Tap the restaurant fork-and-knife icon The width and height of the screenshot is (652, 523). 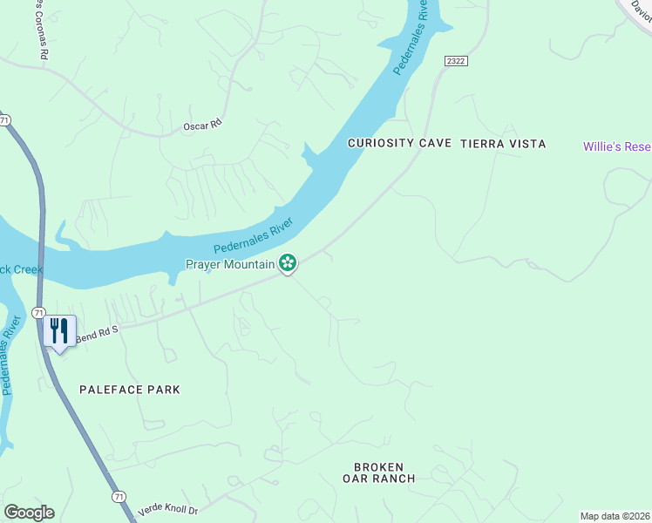(x=59, y=331)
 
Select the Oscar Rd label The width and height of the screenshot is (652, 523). (x=203, y=126)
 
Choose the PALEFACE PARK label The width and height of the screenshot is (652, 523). (x=130, y=390)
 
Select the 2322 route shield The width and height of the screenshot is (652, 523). (x=455, y=60)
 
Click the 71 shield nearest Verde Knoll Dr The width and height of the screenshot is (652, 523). (x=119, y=496)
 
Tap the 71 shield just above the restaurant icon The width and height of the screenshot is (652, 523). (x=38, y=312)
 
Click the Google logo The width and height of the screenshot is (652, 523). (x=29, y=513)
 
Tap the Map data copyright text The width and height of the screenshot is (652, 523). (x=615, y=516)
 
